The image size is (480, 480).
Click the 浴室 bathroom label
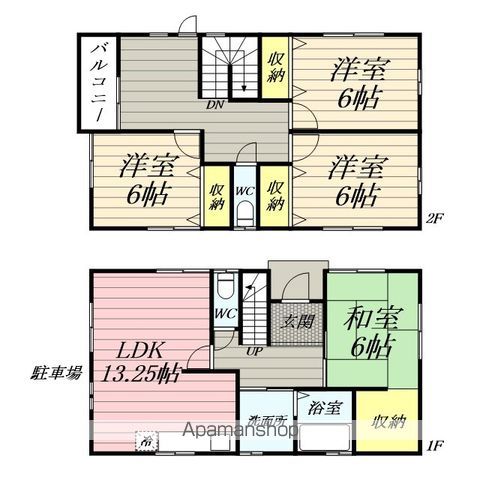(325, 407)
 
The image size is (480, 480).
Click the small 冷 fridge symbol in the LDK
(147, 439)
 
